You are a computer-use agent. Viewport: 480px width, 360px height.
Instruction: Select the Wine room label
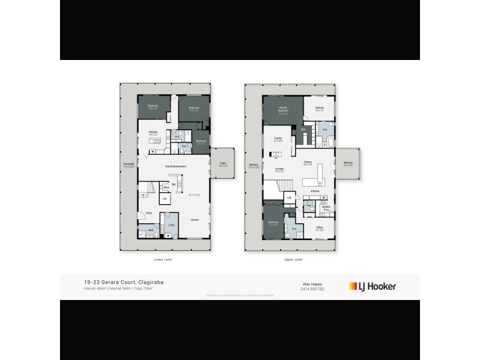coord(166,188)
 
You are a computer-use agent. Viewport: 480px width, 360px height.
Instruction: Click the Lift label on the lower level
coord(164,198)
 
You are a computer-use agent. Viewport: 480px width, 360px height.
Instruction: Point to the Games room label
coord(195,220)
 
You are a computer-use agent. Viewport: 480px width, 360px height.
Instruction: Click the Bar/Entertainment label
coord(175,166)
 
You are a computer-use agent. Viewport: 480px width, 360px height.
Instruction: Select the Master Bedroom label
coord(283,110)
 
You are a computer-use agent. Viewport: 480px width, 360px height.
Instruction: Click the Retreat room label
coord(320,109)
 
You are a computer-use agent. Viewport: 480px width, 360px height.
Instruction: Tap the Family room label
coord(278,139)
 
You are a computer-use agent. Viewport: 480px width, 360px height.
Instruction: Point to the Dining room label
coord(307,162)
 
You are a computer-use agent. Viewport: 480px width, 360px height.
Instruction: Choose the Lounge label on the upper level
coord(279,170)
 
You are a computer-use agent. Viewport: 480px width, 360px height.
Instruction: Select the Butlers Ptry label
coord(326,209)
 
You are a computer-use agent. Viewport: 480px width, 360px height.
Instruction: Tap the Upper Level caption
coord(293,259)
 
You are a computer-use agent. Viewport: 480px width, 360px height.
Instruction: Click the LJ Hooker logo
coord(373,286)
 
